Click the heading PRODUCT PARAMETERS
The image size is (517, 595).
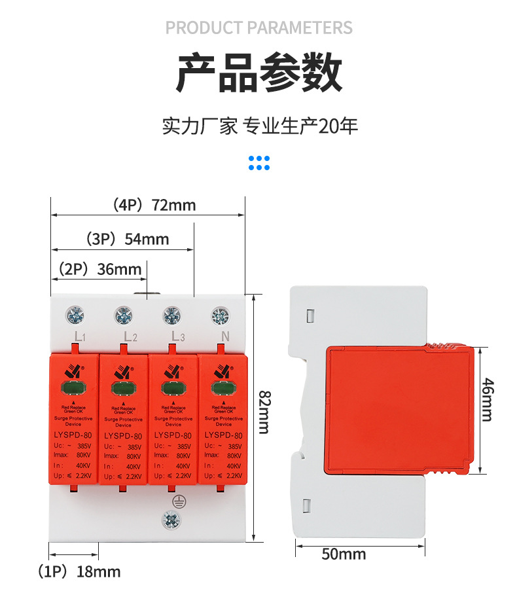[x=258, y=28]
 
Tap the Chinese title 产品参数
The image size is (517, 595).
[x=258, y=73]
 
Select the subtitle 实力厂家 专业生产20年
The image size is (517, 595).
[x=260, y=126]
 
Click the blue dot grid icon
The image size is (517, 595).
[x=259, y=162]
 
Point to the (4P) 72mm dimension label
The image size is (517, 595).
[x=154, y=205]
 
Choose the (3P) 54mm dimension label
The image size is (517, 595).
[x=128, y=239]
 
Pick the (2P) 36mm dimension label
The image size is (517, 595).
[x=99, y=269]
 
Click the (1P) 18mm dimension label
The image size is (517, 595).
[x=79, y=571]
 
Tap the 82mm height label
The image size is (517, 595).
[x=263, y=412]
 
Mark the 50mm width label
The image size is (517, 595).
[x=344, y=554]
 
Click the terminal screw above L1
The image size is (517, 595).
[x=75, y=316]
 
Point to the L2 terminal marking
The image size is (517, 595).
[x=130, y=337]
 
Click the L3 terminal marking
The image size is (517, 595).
[x=178, y=336]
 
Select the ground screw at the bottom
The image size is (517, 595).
[x=171, y=521]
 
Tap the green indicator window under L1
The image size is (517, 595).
[x=73, y=388]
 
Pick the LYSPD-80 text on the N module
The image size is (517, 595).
[x=223, y=435]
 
